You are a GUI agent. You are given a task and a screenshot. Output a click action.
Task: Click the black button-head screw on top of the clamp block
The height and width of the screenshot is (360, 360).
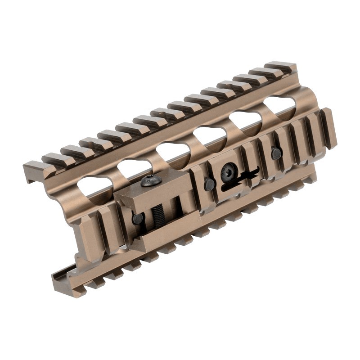[151, 181]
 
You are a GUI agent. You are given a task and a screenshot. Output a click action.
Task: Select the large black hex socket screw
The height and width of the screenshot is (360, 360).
[229, 172]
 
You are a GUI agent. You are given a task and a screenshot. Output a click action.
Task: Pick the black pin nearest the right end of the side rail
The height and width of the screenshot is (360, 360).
[276, 154]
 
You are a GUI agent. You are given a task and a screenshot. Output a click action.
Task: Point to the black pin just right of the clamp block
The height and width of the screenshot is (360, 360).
[209, 184]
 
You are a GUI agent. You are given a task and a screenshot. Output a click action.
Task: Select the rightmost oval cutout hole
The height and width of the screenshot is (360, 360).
[279, 105]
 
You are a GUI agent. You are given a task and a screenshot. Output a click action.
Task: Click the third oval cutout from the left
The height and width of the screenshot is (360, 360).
[172, 152]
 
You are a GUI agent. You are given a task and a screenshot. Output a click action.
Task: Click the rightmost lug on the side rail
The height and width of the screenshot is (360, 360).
[328, 128]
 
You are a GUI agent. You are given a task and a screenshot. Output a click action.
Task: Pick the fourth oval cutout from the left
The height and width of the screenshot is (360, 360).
[210, 135]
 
